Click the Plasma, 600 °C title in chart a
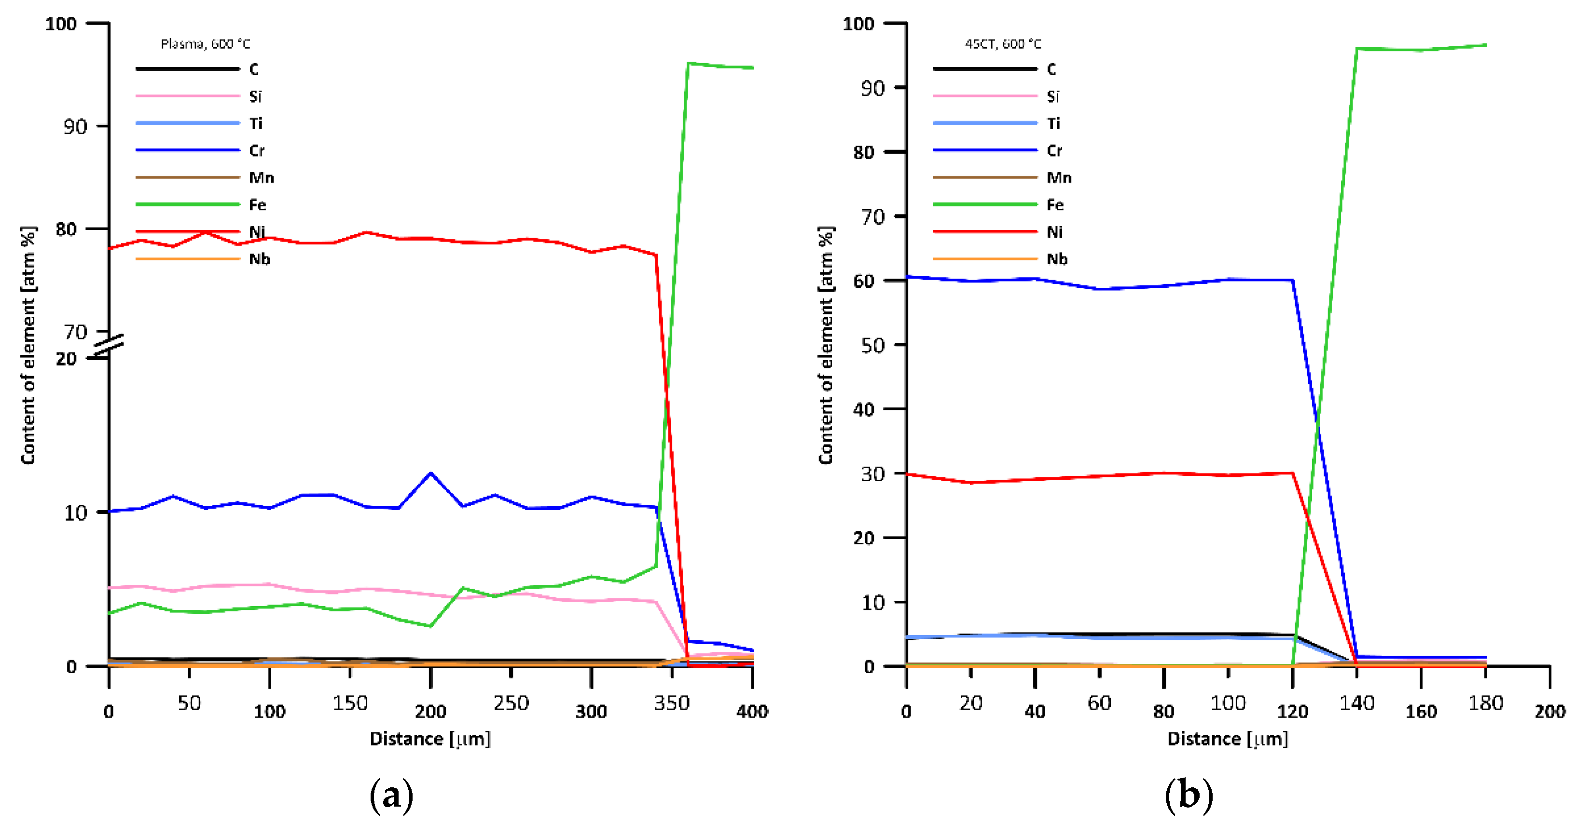(x=205, y=44)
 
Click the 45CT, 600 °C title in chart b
(x=1003, y=44)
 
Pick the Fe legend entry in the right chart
(x=1054, y=205)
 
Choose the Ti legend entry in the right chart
(x=1053, y=123)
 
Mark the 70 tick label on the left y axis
(x=76, y=332)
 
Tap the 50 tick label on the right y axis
(x=873, y=346)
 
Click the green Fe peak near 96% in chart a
(x=688, y=63)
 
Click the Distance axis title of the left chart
(x=430, y=739)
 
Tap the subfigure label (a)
(x=391, y=796)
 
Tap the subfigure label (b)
(x=1189, y=796)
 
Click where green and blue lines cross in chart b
(x=1317, y=421)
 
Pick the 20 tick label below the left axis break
(x=66, y=359)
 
